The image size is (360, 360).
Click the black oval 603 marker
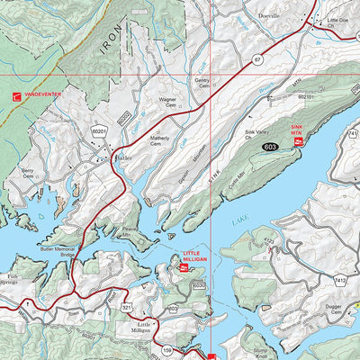(270, 145)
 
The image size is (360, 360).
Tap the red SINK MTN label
(298, 130)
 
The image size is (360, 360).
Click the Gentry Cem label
(203, 82)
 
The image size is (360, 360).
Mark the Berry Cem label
(28, 171)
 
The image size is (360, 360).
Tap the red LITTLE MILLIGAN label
(195, 256)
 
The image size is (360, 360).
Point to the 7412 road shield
(339, 282)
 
